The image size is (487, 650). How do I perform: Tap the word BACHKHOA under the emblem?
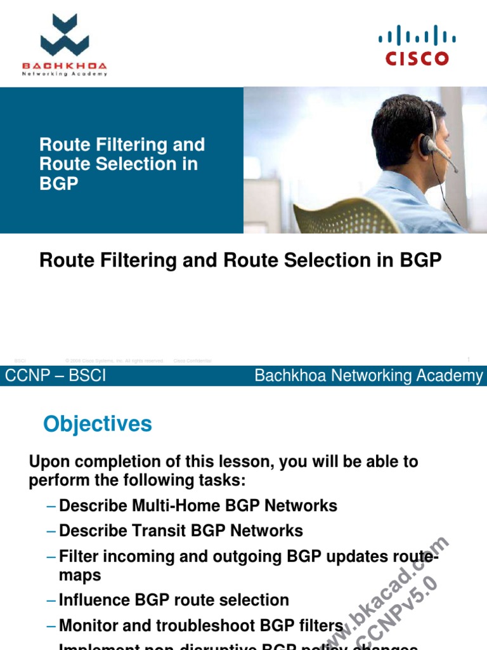[x=64, y=66]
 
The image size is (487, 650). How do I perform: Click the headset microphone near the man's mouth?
[x=454, y=167]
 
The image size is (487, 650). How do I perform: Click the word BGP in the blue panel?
[x=58, y=184]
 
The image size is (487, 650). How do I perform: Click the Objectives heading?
[x=98, y=424]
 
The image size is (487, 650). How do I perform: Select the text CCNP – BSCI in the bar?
[x=56, y=376]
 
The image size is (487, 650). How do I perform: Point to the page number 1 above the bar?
[x=468, y=360]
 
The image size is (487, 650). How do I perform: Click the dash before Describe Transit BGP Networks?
[x=51, y=531]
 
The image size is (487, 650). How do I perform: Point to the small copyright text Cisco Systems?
[x=114, y=361]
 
